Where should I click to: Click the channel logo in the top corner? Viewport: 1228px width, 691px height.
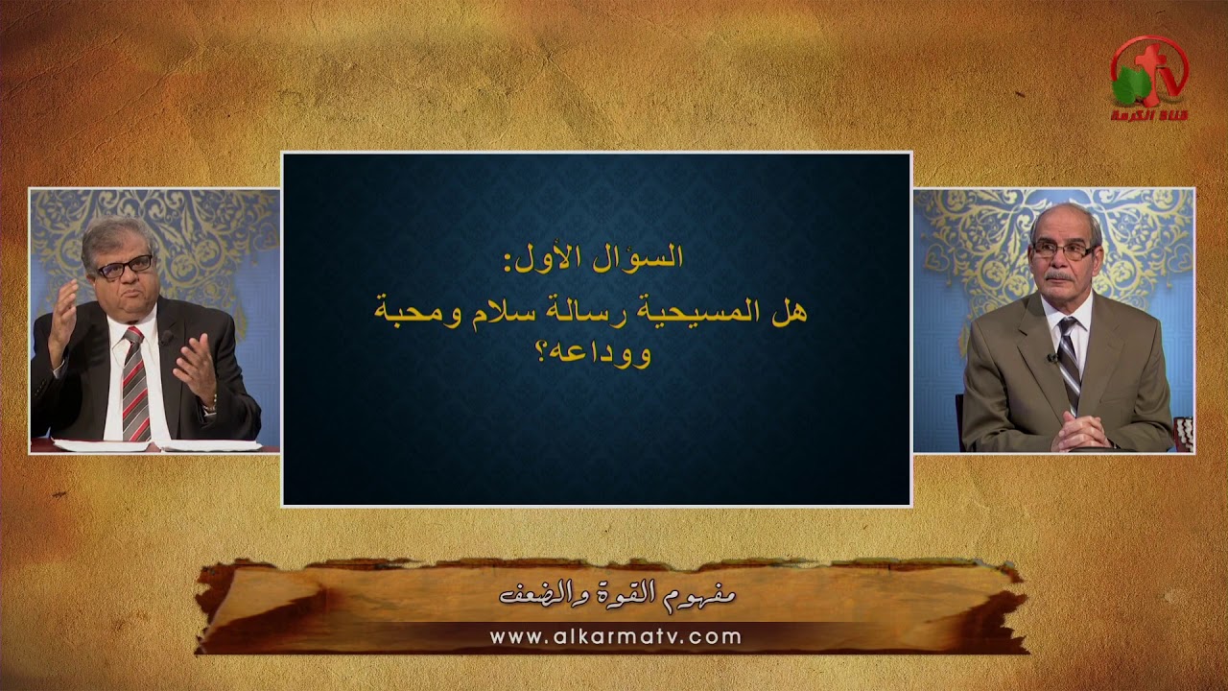click(1149, 79)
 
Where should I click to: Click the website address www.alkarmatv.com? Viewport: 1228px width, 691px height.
click(615, 636)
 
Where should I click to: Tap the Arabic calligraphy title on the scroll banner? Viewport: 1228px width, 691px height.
click(618, 595)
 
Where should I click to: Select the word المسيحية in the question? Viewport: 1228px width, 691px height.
click(713, 313)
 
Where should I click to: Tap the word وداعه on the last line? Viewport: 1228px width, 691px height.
click(623, 354)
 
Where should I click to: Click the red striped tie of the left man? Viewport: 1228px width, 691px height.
click(134, 384)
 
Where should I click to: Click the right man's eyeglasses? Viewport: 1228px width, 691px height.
click(1063, 250)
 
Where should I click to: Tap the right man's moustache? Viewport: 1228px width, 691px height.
click(1061, 276)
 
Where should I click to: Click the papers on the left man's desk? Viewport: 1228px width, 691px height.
click(153, 444)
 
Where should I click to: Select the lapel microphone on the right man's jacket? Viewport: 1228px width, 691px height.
click(1053, 358)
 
